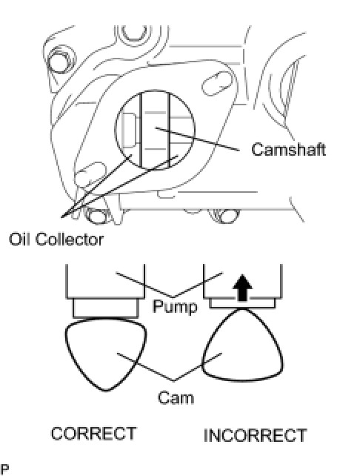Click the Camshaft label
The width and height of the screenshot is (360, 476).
(x=288, y=149)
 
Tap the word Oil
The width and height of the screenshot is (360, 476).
(x=19, y=239)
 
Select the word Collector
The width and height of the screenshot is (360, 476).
(x=70, y=239)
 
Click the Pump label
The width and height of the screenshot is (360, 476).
(x=175, y=307)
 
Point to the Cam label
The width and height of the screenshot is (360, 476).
(x=176, y=397)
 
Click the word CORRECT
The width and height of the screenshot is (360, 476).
(x=93, y=434)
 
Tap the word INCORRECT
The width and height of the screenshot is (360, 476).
(x=255, y=436)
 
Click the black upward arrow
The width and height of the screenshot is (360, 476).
(x=242, y=288)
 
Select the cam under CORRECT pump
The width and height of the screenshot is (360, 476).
(x=106, y=354)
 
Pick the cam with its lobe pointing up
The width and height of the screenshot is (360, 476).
(x=242, y=345)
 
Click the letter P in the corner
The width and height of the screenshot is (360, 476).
(x=4, y=469)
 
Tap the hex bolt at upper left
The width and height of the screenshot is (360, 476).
(x=60, y=62)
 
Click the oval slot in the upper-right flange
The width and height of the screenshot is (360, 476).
(x=218, y=83)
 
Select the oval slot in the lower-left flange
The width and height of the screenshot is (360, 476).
(x=90, y=173)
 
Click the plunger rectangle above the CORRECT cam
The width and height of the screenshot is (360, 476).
(x=106, y=308)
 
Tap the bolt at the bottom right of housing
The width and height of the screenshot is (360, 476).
(x=224, y=216)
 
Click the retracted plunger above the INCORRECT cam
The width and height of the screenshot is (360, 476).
(x=242, y=303)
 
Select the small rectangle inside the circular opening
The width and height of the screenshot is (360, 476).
(x=129, y=130)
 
